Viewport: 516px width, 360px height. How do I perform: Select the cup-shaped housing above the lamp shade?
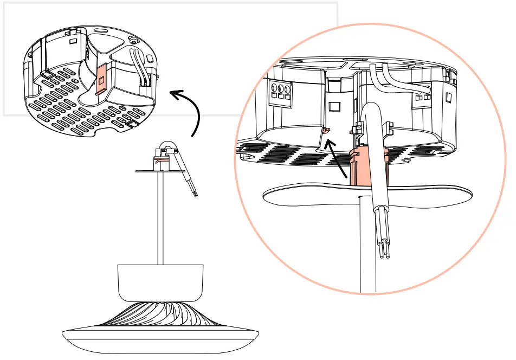point(160,282)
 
